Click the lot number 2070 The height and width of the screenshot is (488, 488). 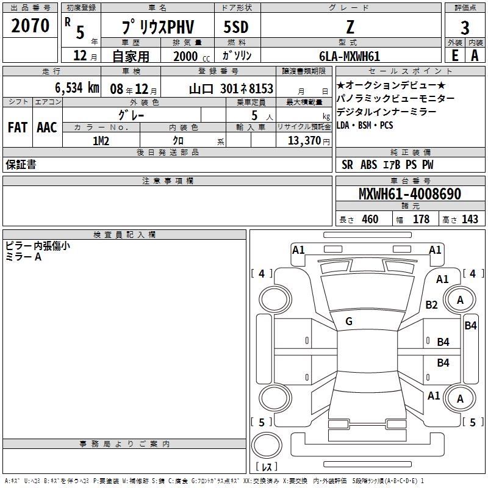[x=30, y=26]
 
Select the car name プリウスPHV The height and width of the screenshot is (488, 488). [x=157, y=28]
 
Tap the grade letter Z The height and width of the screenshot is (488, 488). [x=349, y=28]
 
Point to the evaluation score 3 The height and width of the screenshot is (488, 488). [x=465, y=28]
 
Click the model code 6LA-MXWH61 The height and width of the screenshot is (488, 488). [x=349, y=56]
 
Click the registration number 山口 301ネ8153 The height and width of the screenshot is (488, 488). [x=231, y=88]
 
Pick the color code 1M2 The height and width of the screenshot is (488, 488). [x=100, y=140]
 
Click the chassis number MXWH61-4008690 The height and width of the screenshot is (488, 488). [x=409, y=194]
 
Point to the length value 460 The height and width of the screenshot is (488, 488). [x=370, y=219]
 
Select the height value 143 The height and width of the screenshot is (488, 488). [x=470, y=219]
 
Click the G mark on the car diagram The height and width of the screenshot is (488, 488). [x=349, y=321]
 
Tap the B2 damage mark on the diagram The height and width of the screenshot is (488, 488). [x=432, y=305]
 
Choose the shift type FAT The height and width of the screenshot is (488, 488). [x=18, y=127]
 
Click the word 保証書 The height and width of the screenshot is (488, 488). [x=21, y=165]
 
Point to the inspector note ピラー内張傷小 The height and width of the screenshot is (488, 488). [x=37, y=246]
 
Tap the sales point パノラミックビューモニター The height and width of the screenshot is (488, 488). [x=395, y=98]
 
